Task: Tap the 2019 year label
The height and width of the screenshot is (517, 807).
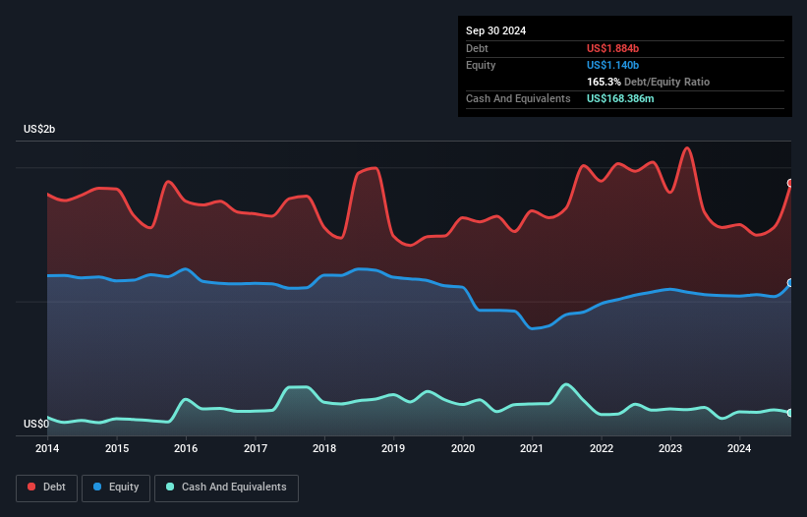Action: [393, 449]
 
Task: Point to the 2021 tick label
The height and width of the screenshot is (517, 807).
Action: [532, 449]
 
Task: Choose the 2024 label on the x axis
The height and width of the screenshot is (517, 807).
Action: [739, 449]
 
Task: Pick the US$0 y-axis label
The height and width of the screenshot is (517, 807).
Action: [36, 424]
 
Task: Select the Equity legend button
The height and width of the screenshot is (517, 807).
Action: [116, 488]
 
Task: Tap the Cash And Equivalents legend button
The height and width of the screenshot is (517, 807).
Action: [226, 488]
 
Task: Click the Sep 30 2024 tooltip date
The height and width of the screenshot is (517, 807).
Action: [496, 30]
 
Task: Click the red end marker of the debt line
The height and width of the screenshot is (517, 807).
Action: [790, 183]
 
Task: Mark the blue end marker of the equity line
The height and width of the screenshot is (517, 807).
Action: [790, 283]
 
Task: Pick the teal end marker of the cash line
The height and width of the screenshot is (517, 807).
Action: [790, 413]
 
